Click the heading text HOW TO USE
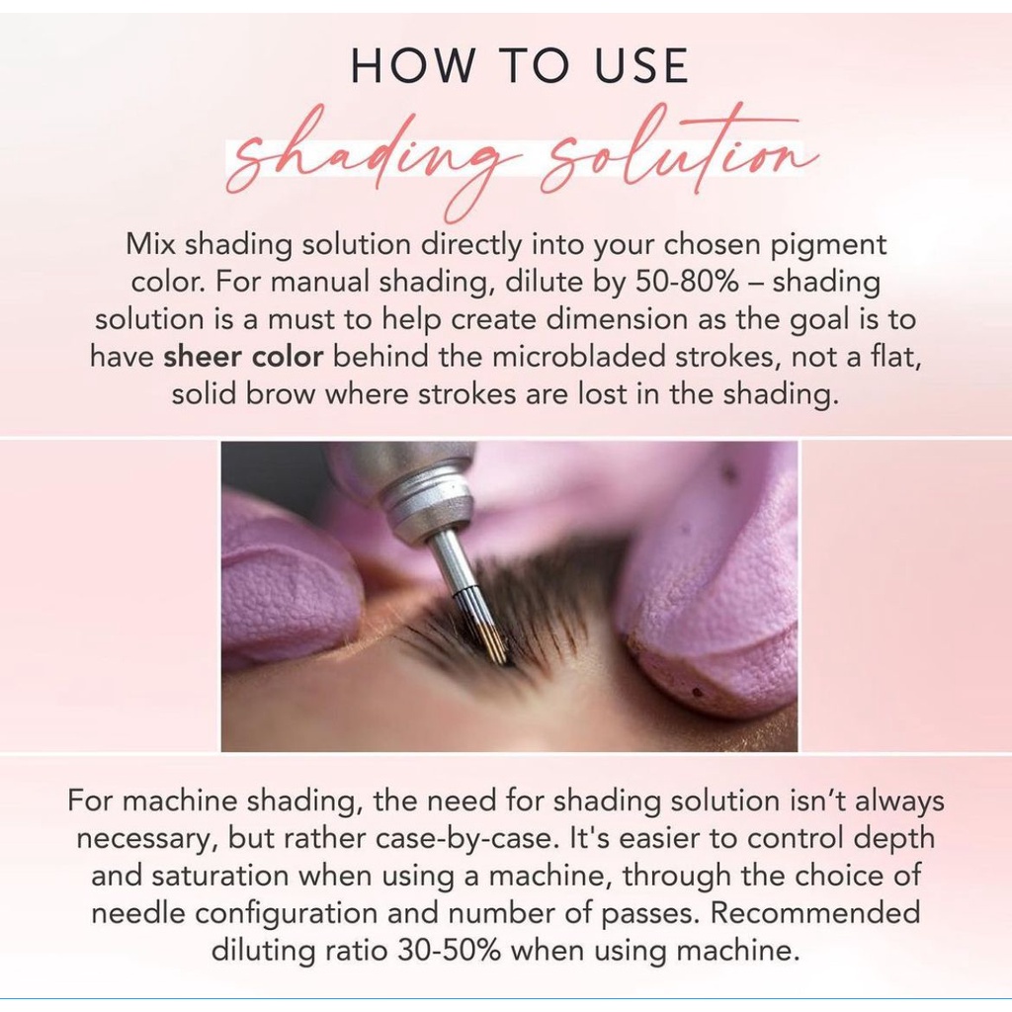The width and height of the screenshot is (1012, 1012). point(520,65)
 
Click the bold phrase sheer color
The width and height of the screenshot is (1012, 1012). point(243,356)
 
